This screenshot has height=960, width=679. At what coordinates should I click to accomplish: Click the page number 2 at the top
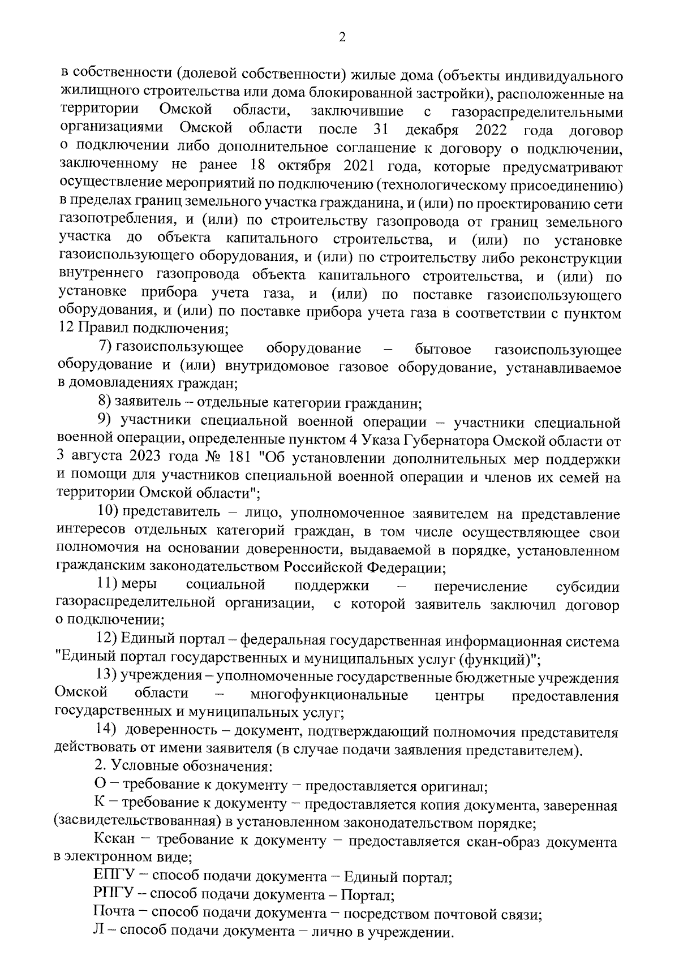click(341, 38)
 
